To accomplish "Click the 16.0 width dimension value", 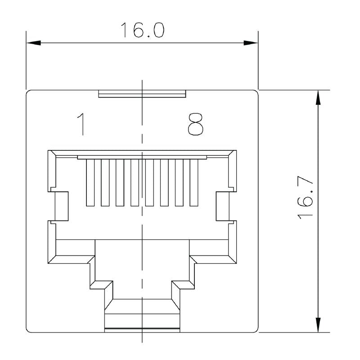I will point(142,29).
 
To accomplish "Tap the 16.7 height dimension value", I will point(306,198).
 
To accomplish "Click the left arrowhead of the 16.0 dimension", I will point(33,43).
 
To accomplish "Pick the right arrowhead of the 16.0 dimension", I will point(251,43).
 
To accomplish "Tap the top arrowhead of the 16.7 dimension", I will point(318,97).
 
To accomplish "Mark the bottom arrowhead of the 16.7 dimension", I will point(318,325).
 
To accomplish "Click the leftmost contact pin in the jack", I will point(90,182).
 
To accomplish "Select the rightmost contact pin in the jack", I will point(194,182).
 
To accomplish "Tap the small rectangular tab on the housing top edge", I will point(142,93).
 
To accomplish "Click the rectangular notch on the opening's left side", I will point(61,206).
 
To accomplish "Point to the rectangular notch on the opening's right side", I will point(223,206).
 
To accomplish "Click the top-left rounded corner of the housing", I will point(29,93).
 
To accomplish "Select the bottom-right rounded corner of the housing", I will point(256,330).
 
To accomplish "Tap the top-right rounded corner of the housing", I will point(256,93).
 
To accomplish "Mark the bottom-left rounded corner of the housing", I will point(29,330).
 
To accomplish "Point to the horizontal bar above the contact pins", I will point(142,157).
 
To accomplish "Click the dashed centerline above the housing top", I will point(142,85).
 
